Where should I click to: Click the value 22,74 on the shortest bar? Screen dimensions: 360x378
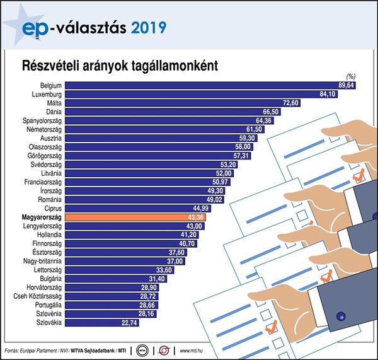tap(129, 323)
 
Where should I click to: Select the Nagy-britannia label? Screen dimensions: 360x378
tap(42, 261)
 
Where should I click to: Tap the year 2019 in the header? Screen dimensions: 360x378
tap(149, 27)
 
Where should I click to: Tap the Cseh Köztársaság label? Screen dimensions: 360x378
tap(37, 296)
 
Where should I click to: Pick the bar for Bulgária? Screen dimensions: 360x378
tap(101, 279)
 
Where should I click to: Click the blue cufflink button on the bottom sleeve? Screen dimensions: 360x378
tap(341, 316)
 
